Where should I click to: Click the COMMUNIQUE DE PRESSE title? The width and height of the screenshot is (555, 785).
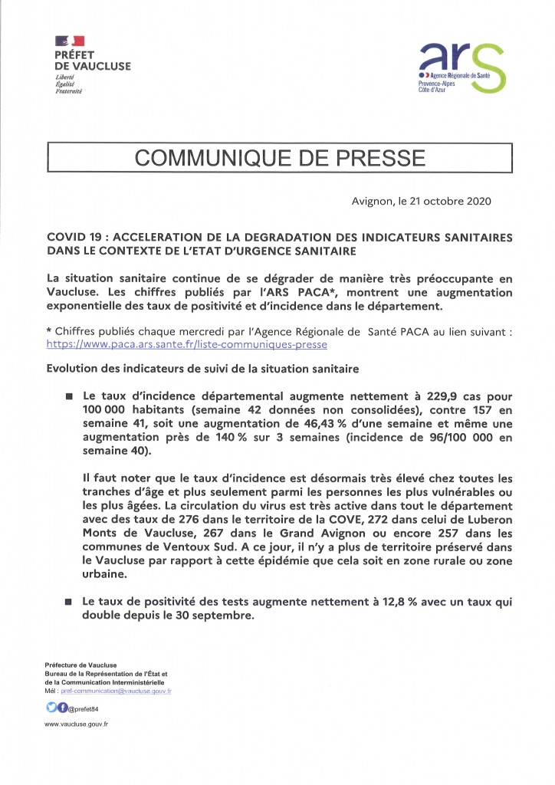click(280, 158)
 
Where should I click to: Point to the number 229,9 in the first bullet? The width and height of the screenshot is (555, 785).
click(425, 396)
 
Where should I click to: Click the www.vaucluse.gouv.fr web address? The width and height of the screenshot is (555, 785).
click(77, 724)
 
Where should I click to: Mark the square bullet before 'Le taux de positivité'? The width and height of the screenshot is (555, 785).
click(68, 603)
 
